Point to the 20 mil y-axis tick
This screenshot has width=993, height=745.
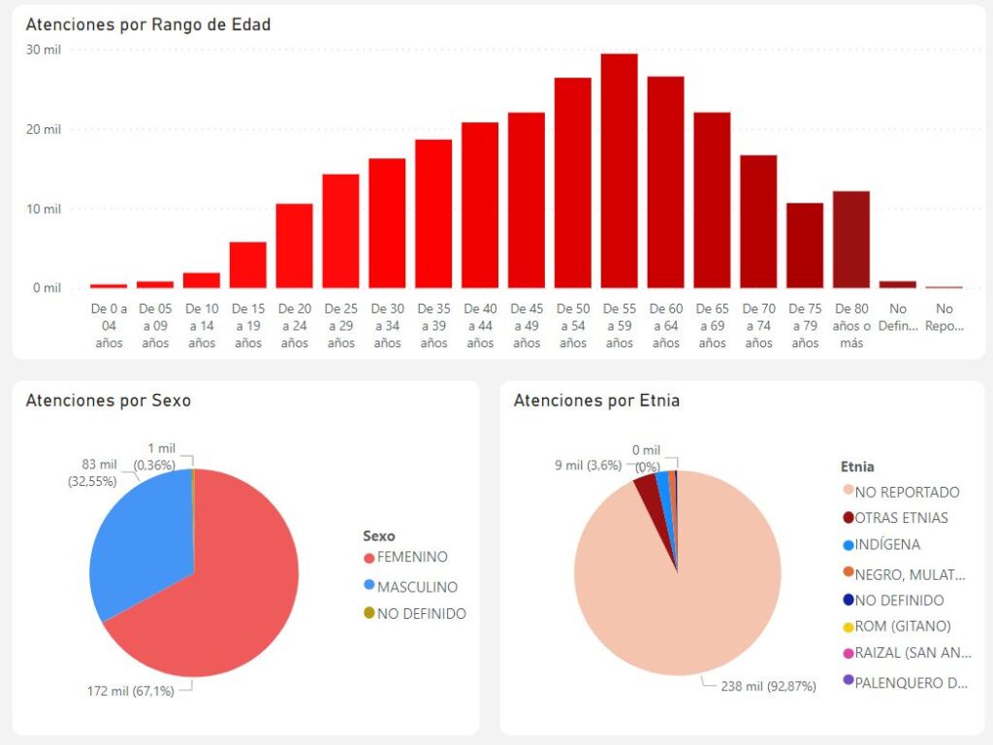coord(45,129)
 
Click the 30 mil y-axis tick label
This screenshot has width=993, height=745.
coord(45,49)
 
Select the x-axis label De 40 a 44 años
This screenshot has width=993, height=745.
coord(480,325)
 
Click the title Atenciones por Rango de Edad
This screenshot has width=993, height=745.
coord(147,25)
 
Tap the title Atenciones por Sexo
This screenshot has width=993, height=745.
coord(108,401)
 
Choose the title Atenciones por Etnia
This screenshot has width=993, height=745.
coord(596,401)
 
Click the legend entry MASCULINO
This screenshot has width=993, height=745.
coord(417,587)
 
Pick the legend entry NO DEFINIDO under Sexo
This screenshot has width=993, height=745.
coord(421,614)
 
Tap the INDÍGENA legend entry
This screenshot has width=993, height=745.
coord(887,545)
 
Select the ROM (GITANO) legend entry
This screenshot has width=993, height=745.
coord(902,627)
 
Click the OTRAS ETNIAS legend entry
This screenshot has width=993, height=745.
coord(901,518)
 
